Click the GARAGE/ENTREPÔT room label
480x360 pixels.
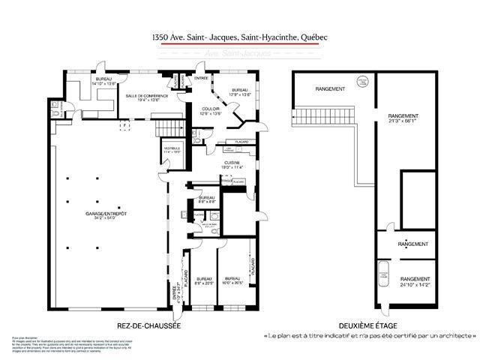tap(106, 214)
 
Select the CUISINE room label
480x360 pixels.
tap(231, 163)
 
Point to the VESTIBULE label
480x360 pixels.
tap(172, 148)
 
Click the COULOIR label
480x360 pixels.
tap(211, 109)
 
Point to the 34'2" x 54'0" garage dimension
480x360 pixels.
tap(106, 220)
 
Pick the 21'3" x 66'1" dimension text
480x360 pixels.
tap(403, 122)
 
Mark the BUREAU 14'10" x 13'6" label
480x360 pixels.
tap(103, 82)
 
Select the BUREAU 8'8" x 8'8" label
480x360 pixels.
tap(207, 200)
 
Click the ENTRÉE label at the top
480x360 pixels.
tap(202, 78)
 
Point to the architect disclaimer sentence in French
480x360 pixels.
tap(368, 335)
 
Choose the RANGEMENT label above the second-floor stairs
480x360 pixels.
tap(331, 89)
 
